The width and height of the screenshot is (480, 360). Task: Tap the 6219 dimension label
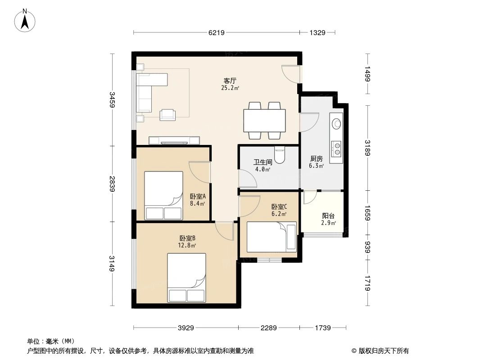tap(217, 32)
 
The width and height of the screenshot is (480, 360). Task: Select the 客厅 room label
tap(230, 81)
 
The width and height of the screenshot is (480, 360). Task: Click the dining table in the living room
tap(264, 120)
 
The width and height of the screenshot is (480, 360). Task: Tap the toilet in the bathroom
tap(280, 156)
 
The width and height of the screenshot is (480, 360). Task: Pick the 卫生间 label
tap(262, 162)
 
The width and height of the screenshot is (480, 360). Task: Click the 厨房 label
tap(317, 158)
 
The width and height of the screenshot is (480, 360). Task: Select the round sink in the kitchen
tap(336, 122)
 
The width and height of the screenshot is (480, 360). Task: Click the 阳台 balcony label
tap(328, 216)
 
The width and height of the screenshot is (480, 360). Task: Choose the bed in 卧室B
tap(186, 277)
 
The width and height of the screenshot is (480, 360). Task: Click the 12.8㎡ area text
tap(187, 246)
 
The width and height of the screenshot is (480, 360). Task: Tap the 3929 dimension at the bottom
tap(185, 328)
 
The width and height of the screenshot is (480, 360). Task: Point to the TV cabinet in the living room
tap(174, 140)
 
